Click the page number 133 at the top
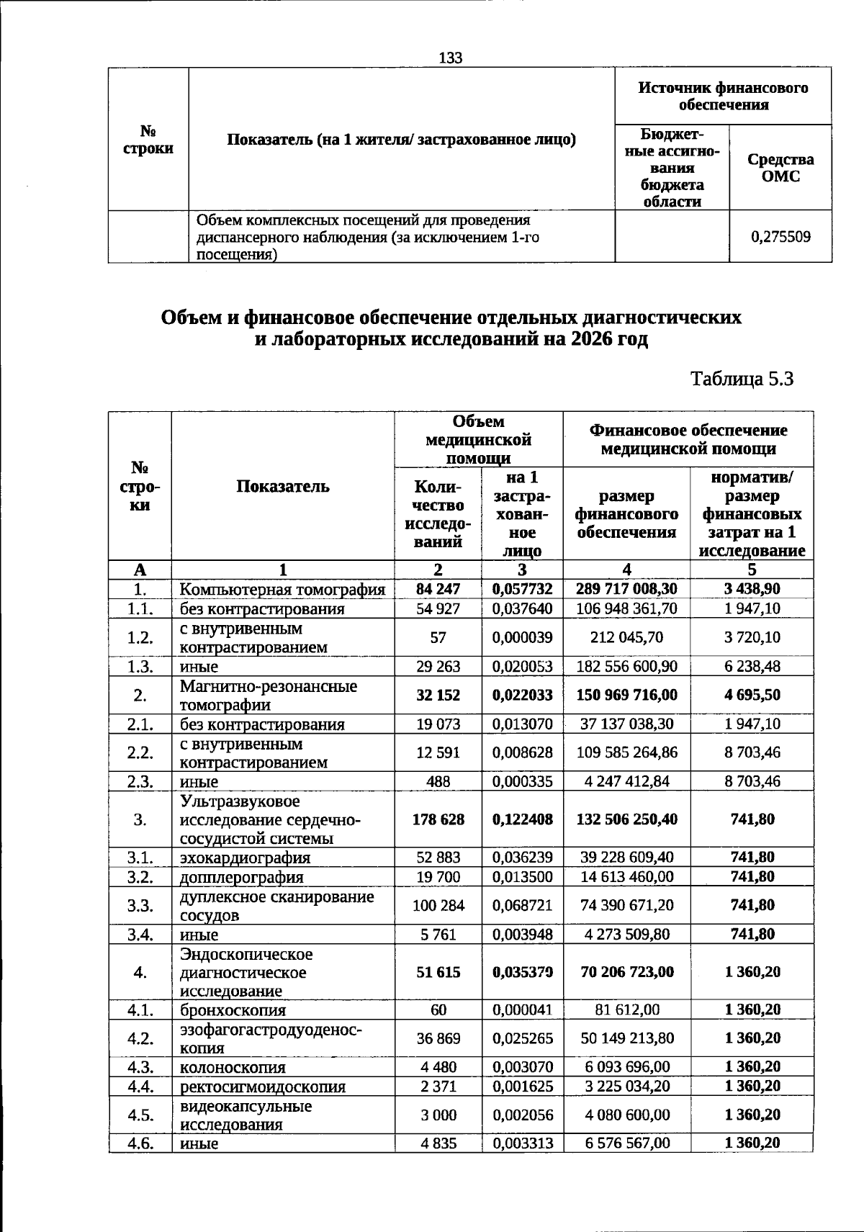451,58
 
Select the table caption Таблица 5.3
742,379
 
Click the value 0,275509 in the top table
780,236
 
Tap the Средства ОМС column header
780,167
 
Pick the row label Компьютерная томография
282,590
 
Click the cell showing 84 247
438,589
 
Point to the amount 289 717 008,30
626,589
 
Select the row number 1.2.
140,637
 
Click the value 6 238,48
752,666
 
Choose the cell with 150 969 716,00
626,695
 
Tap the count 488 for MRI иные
438,781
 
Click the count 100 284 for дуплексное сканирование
438,905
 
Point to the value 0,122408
522,819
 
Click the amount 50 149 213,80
626,1038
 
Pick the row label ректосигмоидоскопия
262,1087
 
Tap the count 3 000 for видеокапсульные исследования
438,1115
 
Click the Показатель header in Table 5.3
283,487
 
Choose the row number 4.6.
140,1143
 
